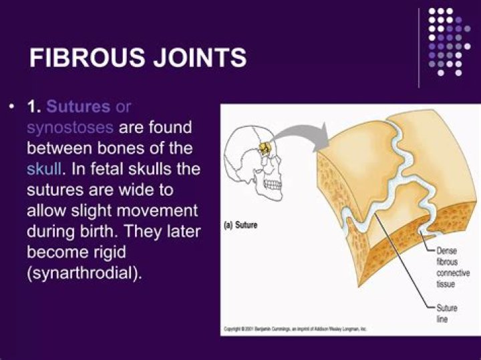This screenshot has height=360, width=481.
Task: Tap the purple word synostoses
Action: (x=70, y=127)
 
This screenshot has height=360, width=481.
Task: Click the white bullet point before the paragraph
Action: (x=11, y=107)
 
